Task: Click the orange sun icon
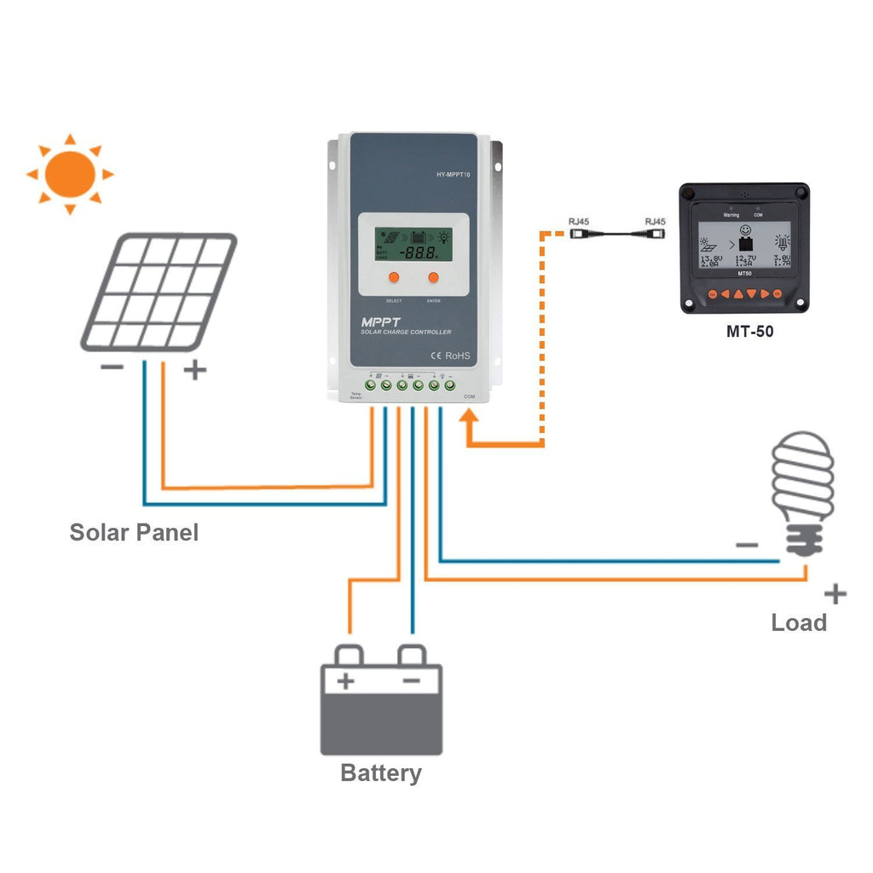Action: [70, 174]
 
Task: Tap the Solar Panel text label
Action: [134, 533]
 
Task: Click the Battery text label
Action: [380, 773]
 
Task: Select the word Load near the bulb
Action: [799, 622]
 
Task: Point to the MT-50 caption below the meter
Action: [749, 331]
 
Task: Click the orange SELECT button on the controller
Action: [394, 277]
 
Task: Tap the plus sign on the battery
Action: [345, 681]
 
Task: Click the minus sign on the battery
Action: [411, 680]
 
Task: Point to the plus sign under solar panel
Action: [195, 370]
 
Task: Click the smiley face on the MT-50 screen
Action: [744, 230]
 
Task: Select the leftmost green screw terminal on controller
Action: [371, 386]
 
